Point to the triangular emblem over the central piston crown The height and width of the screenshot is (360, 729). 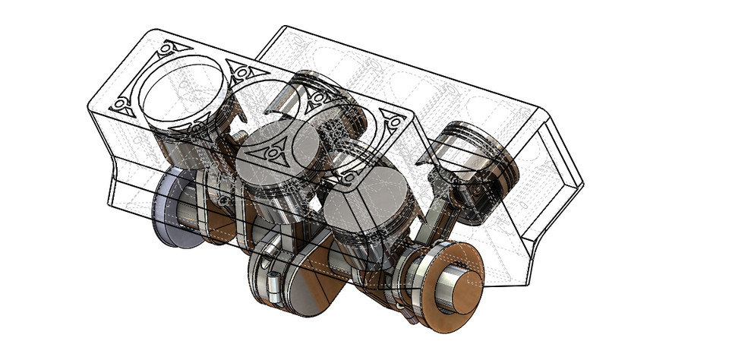tap(272, 154)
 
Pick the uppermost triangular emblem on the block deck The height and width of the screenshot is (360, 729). tap(169, 49)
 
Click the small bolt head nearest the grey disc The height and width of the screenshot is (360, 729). tap(225, 199)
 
